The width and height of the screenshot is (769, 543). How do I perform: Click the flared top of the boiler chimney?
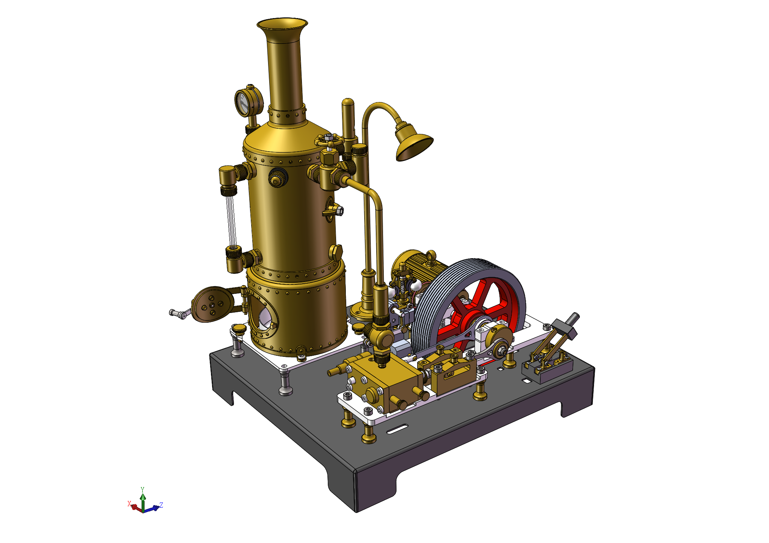pos(282,24)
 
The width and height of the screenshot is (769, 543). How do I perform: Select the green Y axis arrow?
pos(143,498)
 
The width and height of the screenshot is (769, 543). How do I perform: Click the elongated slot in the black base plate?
pos(397,429)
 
